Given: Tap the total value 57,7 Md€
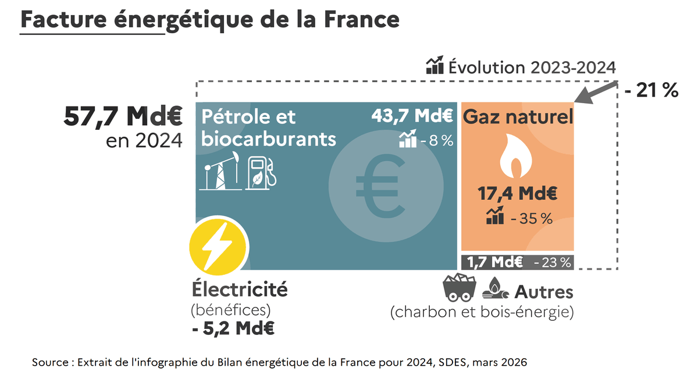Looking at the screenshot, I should [123, 116].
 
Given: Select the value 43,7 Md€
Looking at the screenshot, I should [412, 116].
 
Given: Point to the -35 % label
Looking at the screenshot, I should [530, 218].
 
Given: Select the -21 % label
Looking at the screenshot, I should [651, 90].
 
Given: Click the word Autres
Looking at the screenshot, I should [544, 292].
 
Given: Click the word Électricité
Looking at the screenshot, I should [240, 289].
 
